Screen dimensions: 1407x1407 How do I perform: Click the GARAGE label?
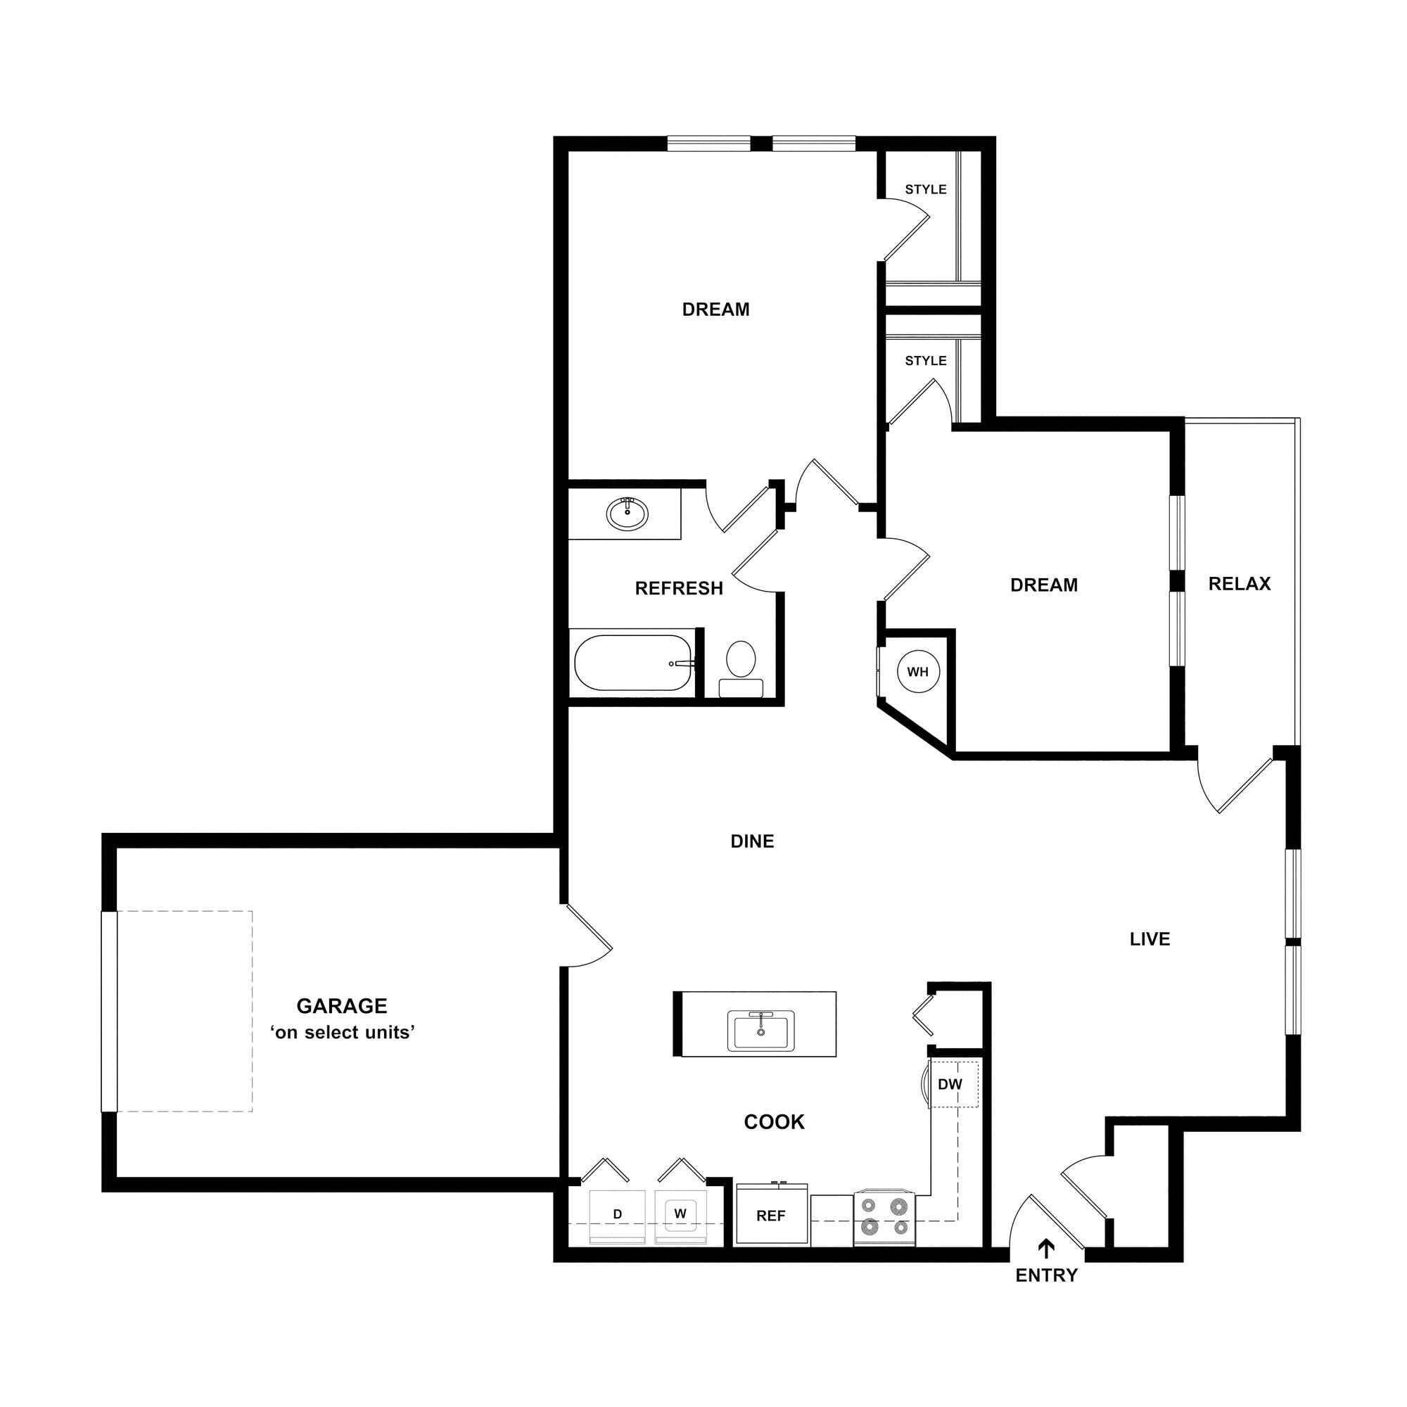tap(342, 1006)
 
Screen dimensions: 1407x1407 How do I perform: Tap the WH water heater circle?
tap(917, 671)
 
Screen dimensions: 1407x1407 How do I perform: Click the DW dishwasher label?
tap(950, 1084)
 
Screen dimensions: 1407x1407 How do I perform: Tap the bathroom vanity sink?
tap(627, 514)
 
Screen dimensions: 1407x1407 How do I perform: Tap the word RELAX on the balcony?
tap(1240, 583)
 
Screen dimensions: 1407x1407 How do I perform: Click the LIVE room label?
tap(1150, 939)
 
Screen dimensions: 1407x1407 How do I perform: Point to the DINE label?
tap(752, 841)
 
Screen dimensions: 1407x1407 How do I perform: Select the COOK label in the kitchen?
tap(774, 1121)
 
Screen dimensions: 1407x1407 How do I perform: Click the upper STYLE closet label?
tap(926, 189)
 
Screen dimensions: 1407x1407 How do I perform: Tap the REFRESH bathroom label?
tap(679, 587)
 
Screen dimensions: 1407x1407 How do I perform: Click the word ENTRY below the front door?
tap(1047, 1275)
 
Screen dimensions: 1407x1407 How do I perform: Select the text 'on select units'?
tap(343, 1033)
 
